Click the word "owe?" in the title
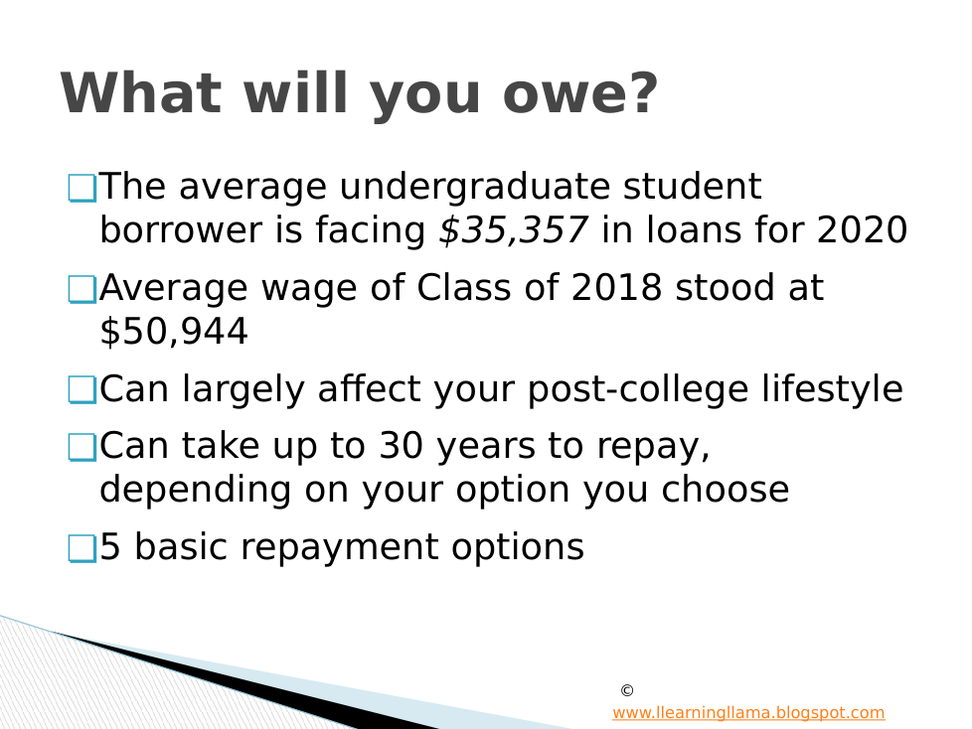point(579,93)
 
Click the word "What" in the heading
point(141,93)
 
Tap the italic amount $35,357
point(513,229)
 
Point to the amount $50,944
point(174,332)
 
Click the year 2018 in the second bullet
point(616,288)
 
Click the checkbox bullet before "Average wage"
point(81,290)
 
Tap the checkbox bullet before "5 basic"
point(81,549)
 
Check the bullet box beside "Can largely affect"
point(81,390)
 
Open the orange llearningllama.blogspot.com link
point(748,713)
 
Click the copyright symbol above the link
point(627,690)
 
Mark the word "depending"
point(195,491)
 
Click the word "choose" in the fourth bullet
point(726,490)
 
